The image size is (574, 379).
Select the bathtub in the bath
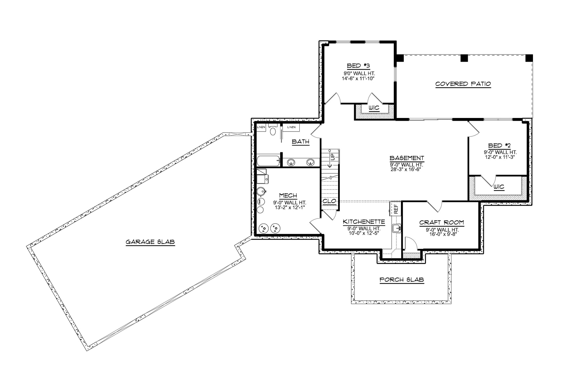click(268, 161)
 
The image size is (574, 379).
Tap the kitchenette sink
click(396, 229)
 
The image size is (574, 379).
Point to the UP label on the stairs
click(333, 156)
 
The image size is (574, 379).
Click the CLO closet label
click(329, 201)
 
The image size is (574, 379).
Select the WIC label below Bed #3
click(374, 108)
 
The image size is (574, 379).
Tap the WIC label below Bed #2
click(499, 187)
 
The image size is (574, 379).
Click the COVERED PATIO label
click(463, 84)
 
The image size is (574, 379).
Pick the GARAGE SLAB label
click(150, 242)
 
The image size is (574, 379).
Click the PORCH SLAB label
click(402, 280)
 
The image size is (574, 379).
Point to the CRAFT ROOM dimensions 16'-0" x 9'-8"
click(441, 234)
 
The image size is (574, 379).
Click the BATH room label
click(300, 142)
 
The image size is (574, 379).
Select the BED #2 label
click(499, 146)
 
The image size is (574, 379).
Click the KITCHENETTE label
click(364, 222)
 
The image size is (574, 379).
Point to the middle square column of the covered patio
click(464, 58)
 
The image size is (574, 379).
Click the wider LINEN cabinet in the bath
click(291, 127)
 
